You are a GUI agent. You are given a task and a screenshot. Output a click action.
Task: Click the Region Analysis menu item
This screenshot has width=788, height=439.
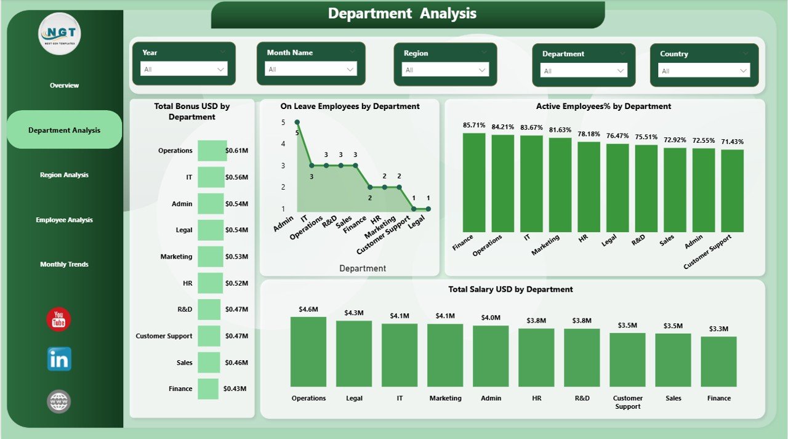pos(64,175)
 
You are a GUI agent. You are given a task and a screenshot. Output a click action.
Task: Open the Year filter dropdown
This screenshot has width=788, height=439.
pos(184,69)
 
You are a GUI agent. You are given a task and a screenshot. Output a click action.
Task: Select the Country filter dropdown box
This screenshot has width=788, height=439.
pos(705,71)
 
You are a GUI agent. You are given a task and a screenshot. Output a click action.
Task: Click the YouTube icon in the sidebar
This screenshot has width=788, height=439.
pos(58,320)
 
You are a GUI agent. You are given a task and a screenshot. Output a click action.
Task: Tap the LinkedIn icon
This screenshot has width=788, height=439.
pos(59,359)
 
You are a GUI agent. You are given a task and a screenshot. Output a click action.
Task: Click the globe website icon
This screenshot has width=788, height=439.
pos(59,402)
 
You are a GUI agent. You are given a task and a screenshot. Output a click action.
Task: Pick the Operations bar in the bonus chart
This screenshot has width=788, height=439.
pos(212,150)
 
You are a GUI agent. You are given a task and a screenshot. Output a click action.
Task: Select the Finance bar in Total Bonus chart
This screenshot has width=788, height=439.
pos(208,389)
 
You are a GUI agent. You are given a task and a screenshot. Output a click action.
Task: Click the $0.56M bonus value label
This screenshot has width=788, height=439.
pos(236,177)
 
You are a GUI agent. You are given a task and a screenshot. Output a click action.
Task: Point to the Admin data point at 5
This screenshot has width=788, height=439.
pos(297,123)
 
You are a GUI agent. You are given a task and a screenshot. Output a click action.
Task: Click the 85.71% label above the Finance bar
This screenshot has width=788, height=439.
pos(474,125)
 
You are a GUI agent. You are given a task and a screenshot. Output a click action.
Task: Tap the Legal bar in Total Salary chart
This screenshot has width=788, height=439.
pos(354,353)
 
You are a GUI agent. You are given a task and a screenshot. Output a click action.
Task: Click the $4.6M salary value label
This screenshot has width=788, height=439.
pos(308,309)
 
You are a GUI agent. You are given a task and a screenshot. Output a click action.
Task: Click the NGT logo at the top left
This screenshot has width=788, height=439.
pos(59,33)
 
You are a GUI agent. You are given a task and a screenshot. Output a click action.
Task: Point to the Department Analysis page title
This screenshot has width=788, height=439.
pos(402,14)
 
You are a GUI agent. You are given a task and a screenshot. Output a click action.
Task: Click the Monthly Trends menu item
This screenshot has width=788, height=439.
pos(64,264)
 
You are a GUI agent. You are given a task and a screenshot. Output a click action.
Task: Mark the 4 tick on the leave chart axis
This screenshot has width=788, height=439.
pos(283,144)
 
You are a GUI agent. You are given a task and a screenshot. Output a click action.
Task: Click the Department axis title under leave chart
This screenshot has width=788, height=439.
pos(363,268)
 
